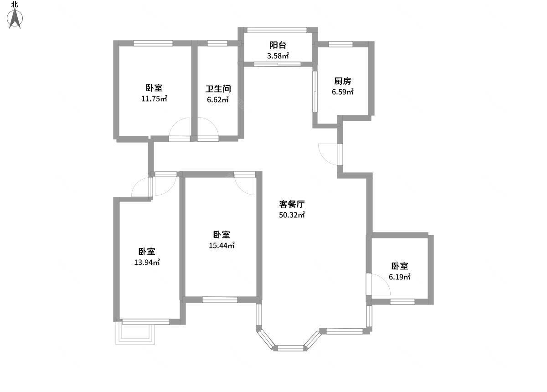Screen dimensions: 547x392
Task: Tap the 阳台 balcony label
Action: pos(278,45)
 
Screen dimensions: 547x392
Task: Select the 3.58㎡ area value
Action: pos(278,56)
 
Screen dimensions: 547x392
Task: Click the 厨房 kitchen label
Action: pos(343,81)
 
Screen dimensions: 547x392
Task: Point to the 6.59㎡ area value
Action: pos(343,92)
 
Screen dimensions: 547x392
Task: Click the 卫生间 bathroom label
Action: pos(218,89)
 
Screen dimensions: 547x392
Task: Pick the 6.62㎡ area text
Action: pos(218,100)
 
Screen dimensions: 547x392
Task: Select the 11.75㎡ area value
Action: pos(155,98)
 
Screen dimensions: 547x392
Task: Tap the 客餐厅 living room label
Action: pos(292,204)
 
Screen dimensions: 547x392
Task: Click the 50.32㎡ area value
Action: pos(292,215)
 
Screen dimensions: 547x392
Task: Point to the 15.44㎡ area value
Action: pos(222,246)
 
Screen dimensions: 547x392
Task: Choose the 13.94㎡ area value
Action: pos(147,262)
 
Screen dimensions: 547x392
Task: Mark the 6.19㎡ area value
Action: pos(400,277)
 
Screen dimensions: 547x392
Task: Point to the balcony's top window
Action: pos(277,30)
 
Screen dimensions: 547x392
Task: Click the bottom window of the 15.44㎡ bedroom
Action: pos(220,299)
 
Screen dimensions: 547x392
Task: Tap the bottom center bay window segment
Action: pos(290,348)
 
